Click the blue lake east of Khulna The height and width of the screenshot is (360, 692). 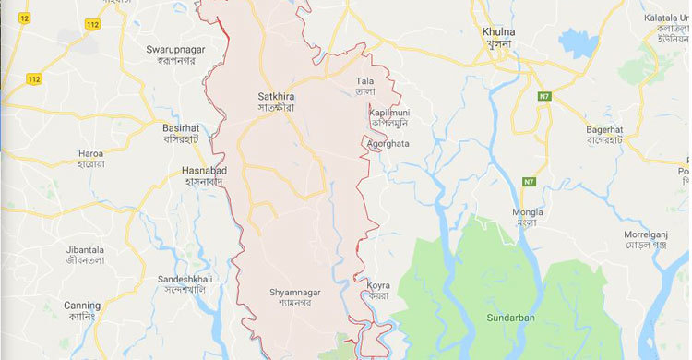[x=578, y=42]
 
